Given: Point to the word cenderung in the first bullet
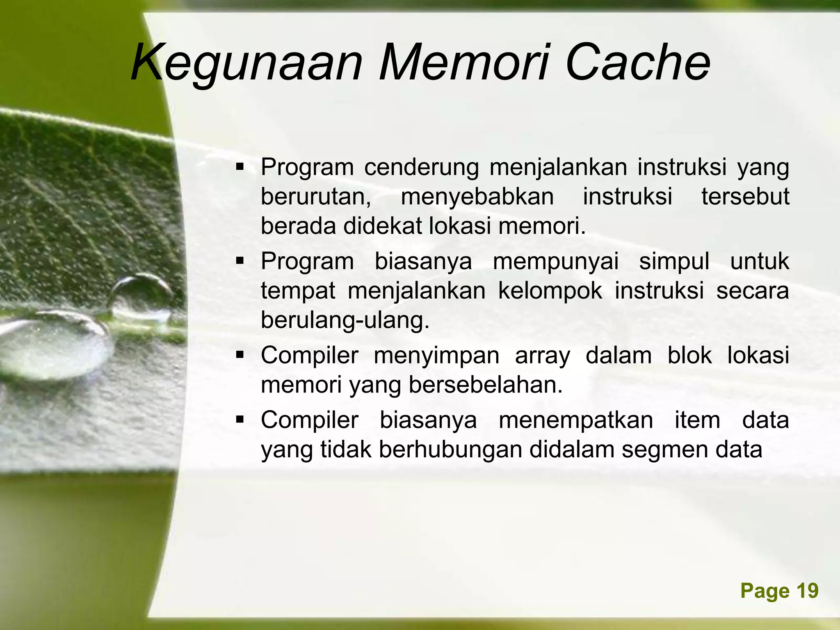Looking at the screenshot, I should click(x=421, y=167).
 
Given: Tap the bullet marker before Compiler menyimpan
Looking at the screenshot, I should click(x=240, y=355).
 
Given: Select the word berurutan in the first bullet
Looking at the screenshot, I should click(x=316, y=197).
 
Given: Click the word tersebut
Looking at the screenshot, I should click(x=745, y=197).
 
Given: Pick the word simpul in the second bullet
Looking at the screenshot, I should click(x=674, y=261).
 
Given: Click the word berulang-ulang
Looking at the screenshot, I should click(x=345, y=320).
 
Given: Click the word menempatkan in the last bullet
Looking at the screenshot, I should click(x=575, y=420).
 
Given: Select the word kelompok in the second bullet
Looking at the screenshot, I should click(x=550, y=291).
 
